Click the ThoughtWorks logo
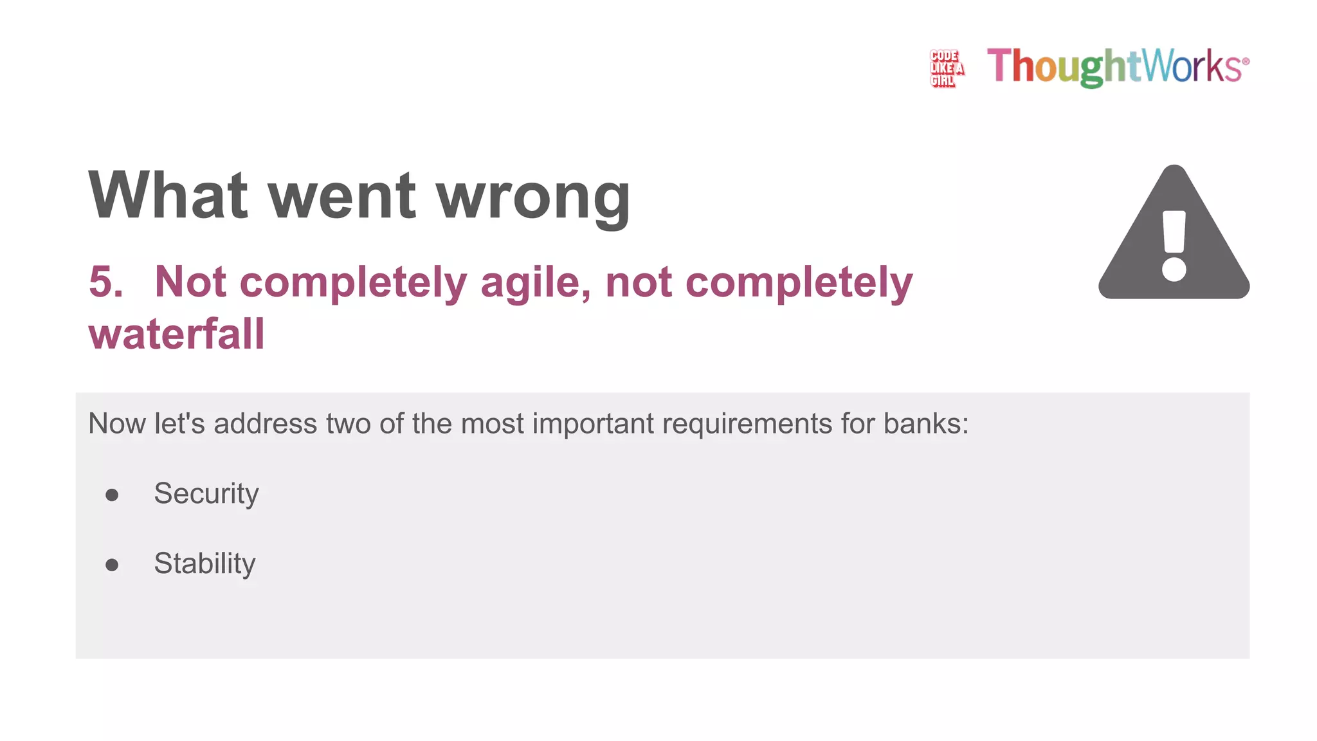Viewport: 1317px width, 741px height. (x=1118, y=66)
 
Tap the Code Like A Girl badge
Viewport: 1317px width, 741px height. (x=947, y=68)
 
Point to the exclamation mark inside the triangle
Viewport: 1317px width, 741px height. (x=1174, y=246)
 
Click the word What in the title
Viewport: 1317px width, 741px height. (x=168, y=196)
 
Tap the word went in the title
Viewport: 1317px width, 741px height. (x=342, y=197)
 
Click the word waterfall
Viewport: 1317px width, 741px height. (x=177, y=334)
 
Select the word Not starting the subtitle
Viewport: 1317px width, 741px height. (x=190, y=282)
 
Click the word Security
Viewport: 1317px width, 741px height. (x=206, y=494)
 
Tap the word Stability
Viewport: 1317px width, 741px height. (x=204, y=563)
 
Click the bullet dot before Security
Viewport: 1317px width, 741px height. (x=112, y=495)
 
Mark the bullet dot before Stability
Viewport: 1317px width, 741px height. (x=112, y=565)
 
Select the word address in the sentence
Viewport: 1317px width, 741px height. (x=265, y=424)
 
